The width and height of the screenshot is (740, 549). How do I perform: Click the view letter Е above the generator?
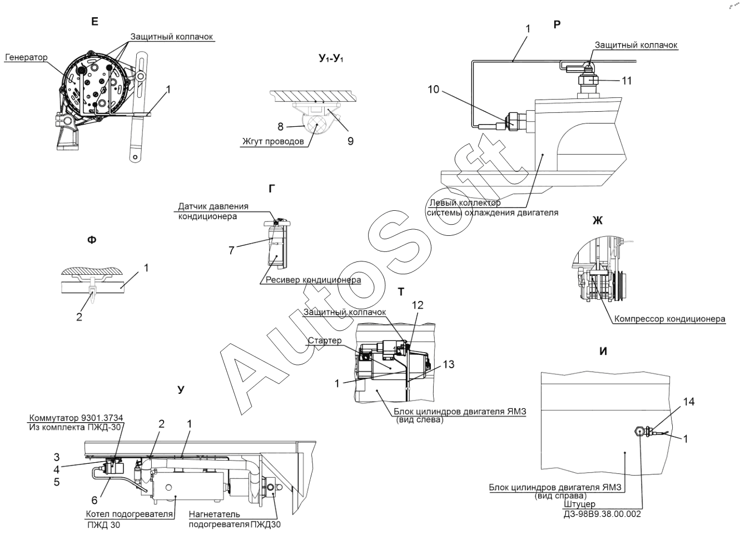[95, 22]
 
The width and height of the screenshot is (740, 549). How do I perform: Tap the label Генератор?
[26, 57]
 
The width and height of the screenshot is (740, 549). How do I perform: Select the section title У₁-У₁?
[331, 59]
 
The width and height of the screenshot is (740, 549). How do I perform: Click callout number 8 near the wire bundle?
[280, 127]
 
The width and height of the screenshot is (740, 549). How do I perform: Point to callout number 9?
[350, 141]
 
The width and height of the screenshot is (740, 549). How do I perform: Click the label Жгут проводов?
[273, 142]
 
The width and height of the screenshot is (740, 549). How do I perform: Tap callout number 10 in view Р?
[434, 90]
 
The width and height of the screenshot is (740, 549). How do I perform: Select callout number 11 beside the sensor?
[627, 81]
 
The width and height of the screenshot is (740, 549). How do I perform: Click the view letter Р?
[557, 24]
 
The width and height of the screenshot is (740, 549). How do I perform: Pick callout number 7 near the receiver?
[231, 250]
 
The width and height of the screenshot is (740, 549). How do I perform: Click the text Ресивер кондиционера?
[313, 280]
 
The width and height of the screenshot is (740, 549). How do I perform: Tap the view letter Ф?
[92, 240]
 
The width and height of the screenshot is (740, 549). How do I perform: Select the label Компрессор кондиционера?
[669, 319]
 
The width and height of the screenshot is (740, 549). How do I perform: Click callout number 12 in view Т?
[418, 305]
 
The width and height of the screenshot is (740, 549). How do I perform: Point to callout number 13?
[449, 364]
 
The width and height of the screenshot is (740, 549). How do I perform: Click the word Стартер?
[325, 340]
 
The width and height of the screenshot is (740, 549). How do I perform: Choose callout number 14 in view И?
[689, 402]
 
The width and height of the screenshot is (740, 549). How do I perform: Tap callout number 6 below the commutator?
[95, 500]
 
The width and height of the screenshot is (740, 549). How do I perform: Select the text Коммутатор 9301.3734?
[76, 418]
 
